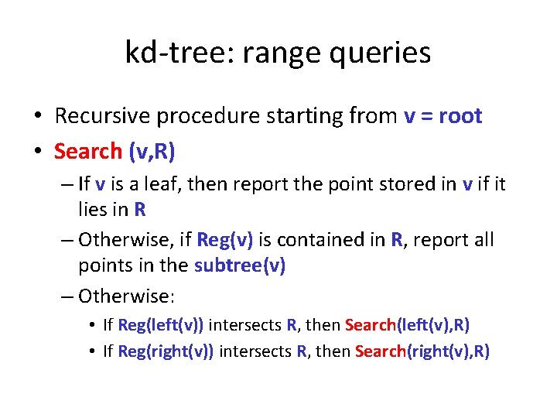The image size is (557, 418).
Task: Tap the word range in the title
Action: click(272, 53)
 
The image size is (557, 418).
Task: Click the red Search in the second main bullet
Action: click(88, 150)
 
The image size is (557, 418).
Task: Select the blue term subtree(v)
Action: click(240, 265)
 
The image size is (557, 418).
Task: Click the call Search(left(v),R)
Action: click(407, 325)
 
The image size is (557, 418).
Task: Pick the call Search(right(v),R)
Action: click(422, 351)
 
